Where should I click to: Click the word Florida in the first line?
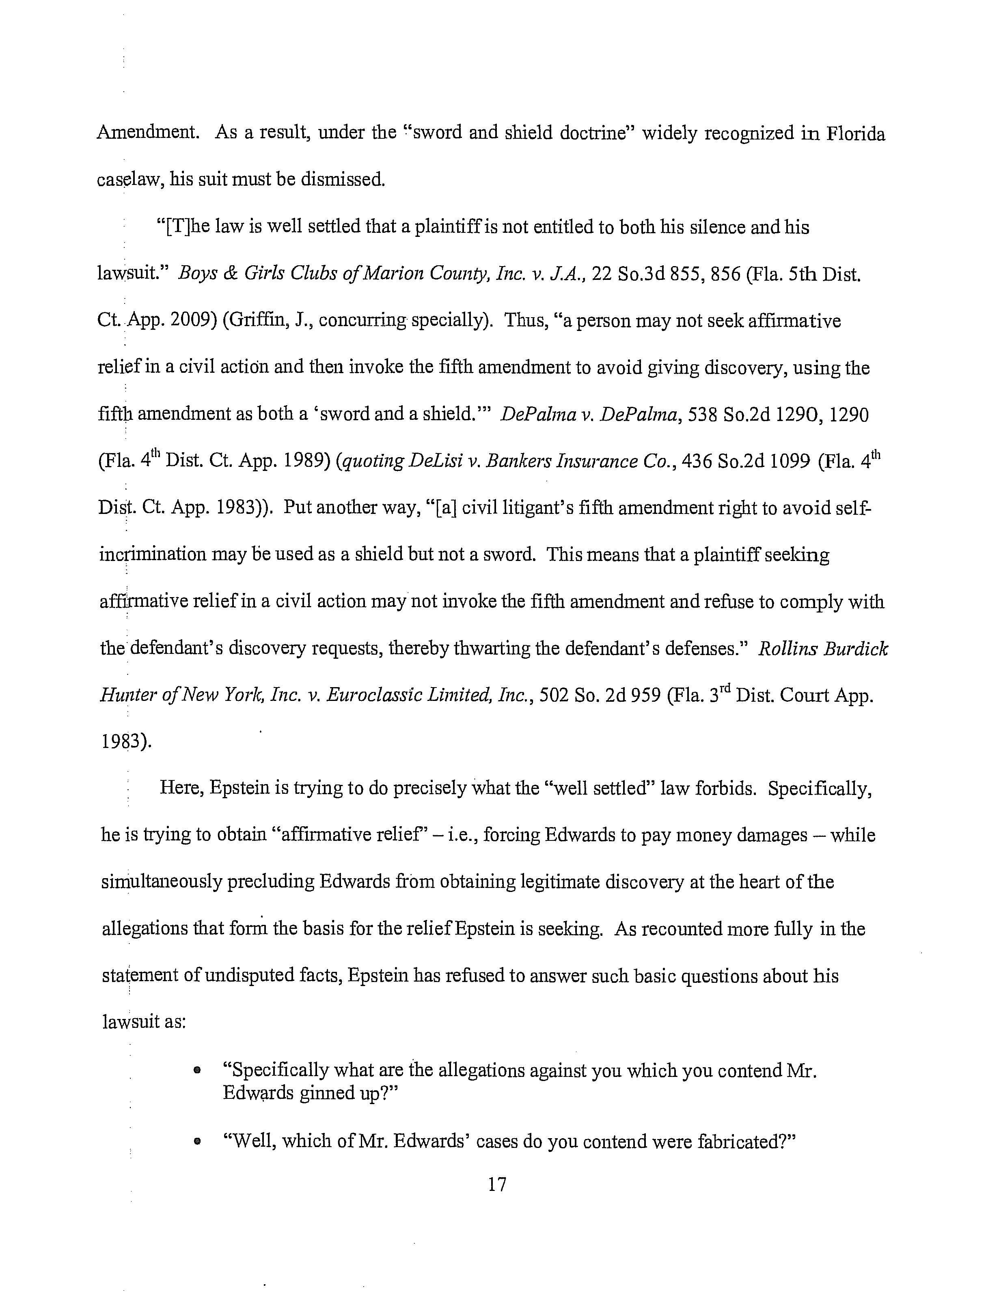tap(856, 134)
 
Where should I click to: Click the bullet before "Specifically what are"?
tap(197, 1071)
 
